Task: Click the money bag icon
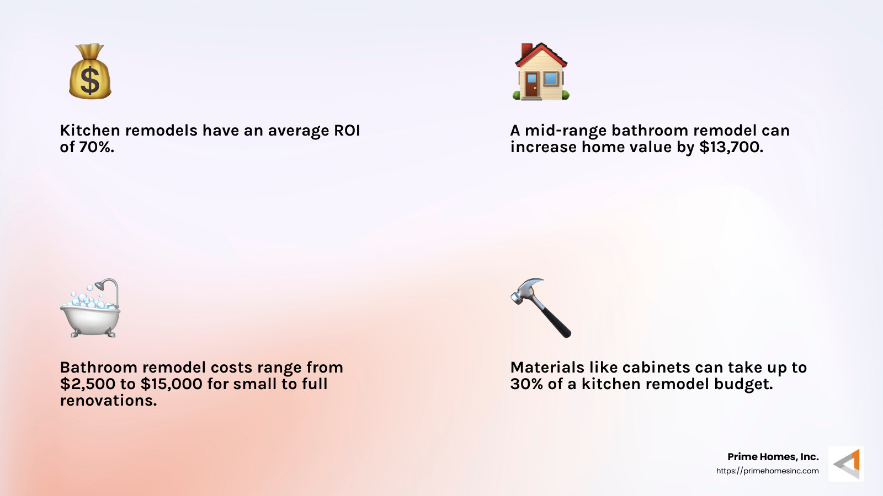[x=90, y=72]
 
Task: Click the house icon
[x=541, y=72]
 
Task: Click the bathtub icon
[x=90, y=309]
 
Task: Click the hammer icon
[x=541, y=308]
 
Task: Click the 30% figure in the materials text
[x=526, y=384]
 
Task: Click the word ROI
[x=347, y=131]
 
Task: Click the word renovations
[x=108, y=401]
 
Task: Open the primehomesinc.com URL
[x=767, y=471]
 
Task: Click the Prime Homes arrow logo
[x=846, y=463]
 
